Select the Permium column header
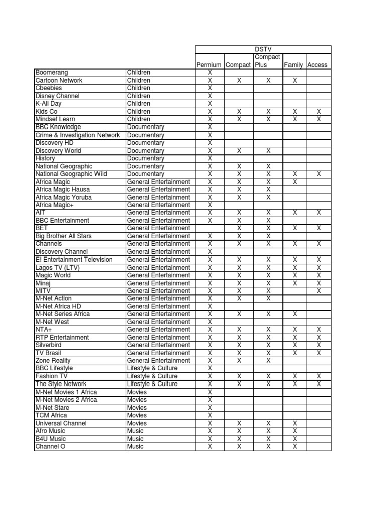pyautogui.click(x=209, y=65)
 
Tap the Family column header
pyautogui.click(x=294, y=65)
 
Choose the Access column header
pyautogui.click(x=317, y=65)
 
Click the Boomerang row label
pyautogui.click(x=52, y=73)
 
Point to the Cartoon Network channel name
pyautogui.click(x=59, y=80)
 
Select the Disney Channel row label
pyautogui.click(x=57, y=96)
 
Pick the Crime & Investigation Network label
pyautogui.click(x=77, y=135)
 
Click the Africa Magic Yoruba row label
pyautogui.click(x=63, y=197)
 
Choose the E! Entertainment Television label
pyautogui.click(x=74, y=260)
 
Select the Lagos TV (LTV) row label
pyautogui.click(x=57, y=268)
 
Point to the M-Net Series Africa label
pyautogui.click(x=63, y=314)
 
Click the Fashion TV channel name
pyautogui.click(x=51, y=376)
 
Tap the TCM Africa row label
pyautogui.click(x=51, y=415)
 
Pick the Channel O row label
pyautogui.click(x=50, y=446)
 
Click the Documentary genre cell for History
pyautogui.click(x=146, y=158)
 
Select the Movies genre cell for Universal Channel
pyautogui.click(x=137, y=423)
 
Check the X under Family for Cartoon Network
pyautogui.click(x=295, y=80)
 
